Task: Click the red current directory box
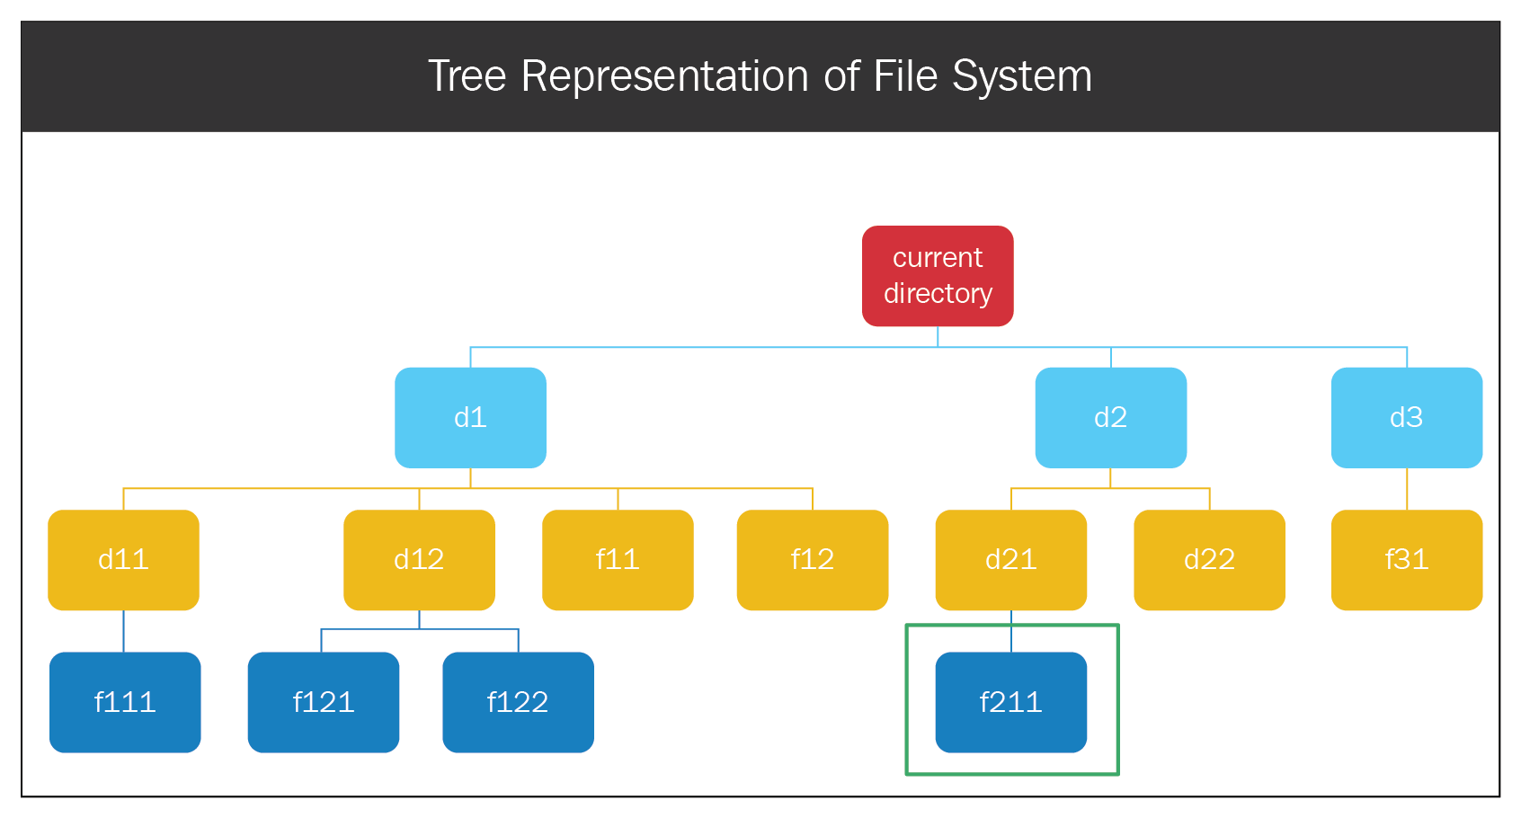click(x=938, y=276)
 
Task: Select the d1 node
click(x=470, y=417)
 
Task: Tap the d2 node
click(x=1111, y=417)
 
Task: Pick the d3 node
click(x=1407, y=417)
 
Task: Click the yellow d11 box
click(x=123, y=560)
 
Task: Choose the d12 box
click(x=419, y=560)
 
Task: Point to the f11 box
click(x=618, y=560)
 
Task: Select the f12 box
click(x=813, y=560)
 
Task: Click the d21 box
click(x=1011, y=560)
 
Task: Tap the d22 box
click(x=1209, y=560)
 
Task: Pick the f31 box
click(x=1407, y=560)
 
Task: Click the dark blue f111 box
click(x=125, y=703)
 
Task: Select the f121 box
click(x=324, y=703)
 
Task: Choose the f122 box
click(x=518, y=703)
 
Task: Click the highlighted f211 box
click(x=1011, y=703)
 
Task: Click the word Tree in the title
click(x=467, y=76)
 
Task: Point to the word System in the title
click(x=1022, y=77)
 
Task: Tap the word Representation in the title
click(x=664, y=77)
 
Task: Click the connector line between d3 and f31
click(x=1407, y=489)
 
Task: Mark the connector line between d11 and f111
click(x=123, y=631)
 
